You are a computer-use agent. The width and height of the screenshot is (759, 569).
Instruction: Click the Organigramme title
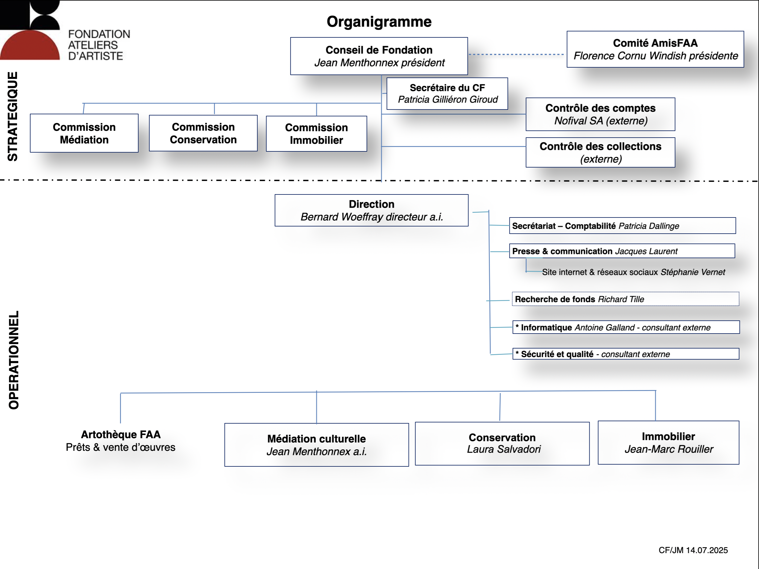tap(379, 22)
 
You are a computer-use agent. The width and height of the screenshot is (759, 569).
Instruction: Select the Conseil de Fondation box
tap(379, 56)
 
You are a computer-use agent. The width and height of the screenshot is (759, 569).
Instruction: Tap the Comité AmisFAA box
tap(655, 49)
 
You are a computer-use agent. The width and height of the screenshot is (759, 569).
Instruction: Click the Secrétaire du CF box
tap(447, 94)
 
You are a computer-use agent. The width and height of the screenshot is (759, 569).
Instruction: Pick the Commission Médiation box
tap(84, 133)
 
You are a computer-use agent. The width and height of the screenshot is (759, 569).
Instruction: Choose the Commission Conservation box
tap(203, 133)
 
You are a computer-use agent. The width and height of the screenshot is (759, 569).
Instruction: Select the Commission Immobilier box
tap(316, 134)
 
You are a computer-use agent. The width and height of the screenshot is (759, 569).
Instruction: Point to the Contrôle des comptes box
tap(600, 114)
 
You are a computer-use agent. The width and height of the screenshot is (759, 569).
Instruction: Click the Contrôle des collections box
tap(600, 152)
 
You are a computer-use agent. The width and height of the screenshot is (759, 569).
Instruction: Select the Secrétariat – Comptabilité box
tap(623, 226)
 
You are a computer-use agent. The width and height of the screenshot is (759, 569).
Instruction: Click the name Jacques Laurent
tap(646, 251)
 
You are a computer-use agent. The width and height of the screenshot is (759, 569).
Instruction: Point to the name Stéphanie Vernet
tap(693, 272)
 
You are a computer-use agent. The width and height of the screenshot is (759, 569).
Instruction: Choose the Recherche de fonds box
tap(626, 299)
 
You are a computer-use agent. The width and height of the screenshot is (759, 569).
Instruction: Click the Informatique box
tap(626, 327)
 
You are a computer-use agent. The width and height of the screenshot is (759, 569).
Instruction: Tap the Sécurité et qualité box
tap(626, 354)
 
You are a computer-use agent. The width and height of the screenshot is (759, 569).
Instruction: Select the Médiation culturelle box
tap(316, 445)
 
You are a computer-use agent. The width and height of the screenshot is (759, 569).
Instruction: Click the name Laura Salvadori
tap(504, 449)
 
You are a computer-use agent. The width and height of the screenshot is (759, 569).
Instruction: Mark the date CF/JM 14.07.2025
tap(693, 550)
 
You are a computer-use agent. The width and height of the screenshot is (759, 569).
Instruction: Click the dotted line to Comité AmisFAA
tap(516, 54)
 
